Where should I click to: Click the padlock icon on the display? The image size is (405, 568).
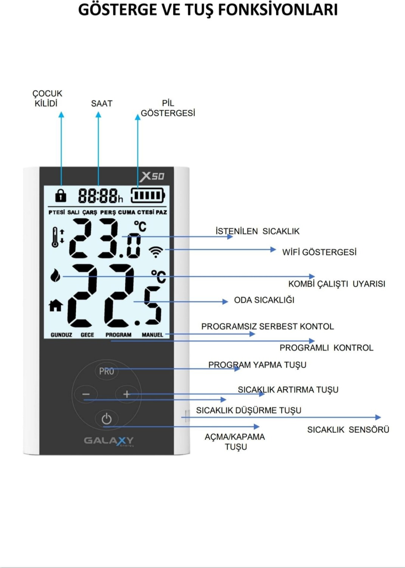pos(61,195)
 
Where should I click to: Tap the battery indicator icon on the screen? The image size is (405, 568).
pos(148,195)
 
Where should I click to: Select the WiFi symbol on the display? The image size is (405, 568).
pos(156,252)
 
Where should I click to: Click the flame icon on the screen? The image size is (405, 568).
pos(55,275)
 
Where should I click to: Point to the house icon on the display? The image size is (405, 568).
pos(56,305)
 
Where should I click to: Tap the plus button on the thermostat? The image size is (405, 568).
pos(127,394)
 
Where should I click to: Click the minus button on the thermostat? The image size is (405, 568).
pos(86,394)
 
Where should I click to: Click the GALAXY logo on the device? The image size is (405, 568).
pos(109,441)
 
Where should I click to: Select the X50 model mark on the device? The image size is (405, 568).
pos(152,176)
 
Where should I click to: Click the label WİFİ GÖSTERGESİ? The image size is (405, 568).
pos(320,252)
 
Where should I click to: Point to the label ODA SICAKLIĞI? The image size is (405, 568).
pos(264,300)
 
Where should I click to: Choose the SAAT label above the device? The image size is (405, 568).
pos(102,103)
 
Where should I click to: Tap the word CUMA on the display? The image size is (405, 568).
pos(127,212)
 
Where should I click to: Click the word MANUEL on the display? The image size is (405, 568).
pos(152,335)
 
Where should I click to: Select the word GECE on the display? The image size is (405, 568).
pos(87,335)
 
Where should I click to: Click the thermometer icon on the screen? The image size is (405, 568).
pos(55,237)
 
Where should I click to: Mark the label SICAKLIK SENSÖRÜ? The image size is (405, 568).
pos(348,430)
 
